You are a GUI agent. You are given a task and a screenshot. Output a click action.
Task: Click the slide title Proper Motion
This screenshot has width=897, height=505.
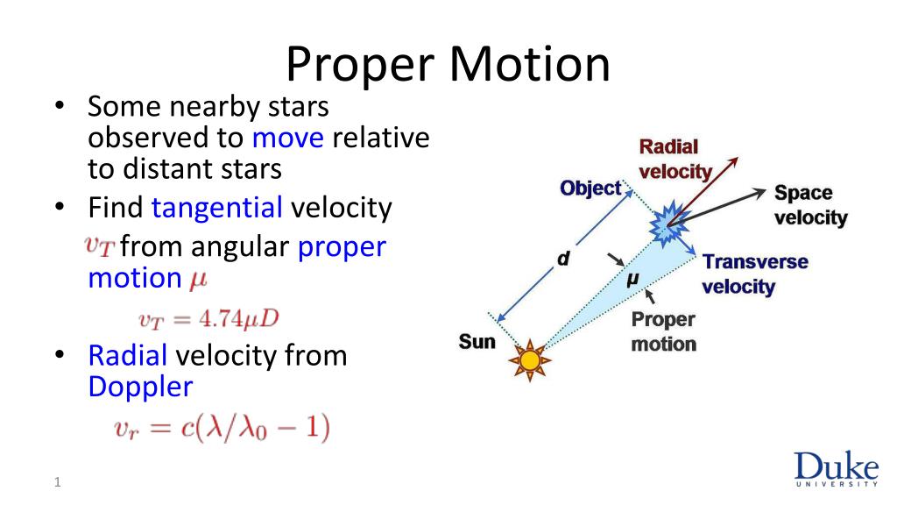click(448, 65)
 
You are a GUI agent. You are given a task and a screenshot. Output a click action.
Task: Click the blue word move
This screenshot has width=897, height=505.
click(287, 138)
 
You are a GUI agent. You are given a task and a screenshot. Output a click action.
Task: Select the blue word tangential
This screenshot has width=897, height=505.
click(217, 208)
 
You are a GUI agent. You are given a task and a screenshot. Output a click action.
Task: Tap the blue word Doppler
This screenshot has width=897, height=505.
click(141, 387)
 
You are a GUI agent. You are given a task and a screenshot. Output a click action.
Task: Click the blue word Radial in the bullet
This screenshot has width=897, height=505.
click(128, 356)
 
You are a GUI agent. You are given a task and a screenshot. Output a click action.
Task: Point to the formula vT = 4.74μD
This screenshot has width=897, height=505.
click(208, 319)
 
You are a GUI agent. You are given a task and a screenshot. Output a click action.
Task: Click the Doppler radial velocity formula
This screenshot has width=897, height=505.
click(222, 428)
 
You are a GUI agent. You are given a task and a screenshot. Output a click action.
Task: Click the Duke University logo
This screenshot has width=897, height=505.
click(836, 468)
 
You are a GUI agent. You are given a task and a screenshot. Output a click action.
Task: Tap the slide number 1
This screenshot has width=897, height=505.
click(57, 482)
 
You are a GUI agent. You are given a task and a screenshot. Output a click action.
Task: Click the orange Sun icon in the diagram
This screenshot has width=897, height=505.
click(530, 360)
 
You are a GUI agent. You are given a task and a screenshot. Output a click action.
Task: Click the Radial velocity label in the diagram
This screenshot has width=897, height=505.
click(675, 160)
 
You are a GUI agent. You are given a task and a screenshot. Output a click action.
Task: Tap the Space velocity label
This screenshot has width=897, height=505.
click(810, 205)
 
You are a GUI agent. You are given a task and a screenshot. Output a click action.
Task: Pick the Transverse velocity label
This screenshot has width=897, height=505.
click(755, 274)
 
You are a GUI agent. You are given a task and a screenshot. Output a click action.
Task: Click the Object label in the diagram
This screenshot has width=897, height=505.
click(590, 188)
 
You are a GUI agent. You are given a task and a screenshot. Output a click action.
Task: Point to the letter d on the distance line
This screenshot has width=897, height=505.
click(563, 259)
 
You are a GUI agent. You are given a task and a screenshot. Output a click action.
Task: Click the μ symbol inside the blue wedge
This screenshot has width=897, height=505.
click(632, 280)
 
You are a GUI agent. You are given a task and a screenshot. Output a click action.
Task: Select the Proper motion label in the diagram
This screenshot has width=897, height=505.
click(664, 331)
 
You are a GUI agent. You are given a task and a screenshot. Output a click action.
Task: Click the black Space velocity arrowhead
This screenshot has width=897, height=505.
click(759, 193)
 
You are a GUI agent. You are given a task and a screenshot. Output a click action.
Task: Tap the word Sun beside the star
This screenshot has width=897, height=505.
click(477, 342)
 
